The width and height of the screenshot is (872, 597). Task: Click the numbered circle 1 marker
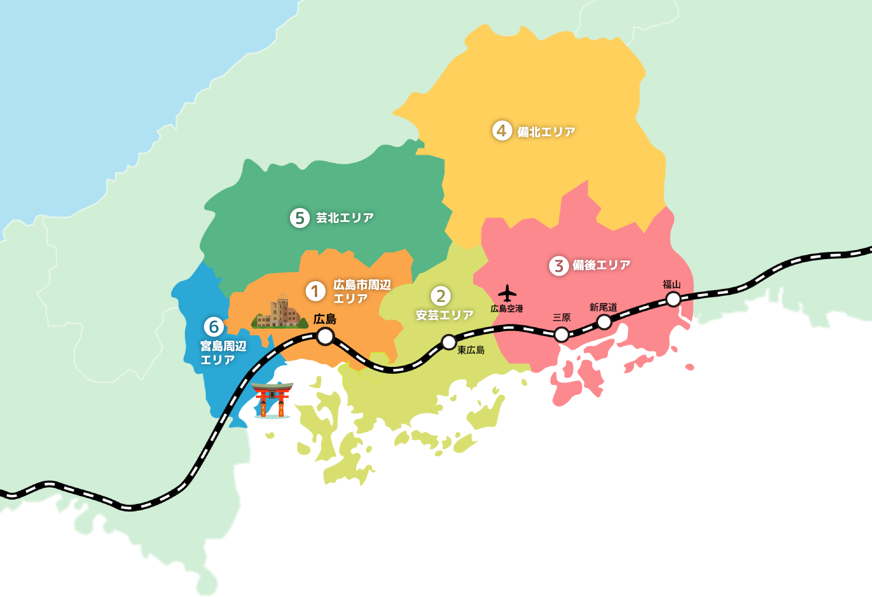pyautogui.click(x=315, y=291)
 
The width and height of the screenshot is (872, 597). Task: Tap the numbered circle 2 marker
pyautogui.click(x=441, y=296)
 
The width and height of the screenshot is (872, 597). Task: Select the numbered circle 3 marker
pyautogui.click(x=559, y=266)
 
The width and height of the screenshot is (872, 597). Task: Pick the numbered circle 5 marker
pyautogui.click(x=299, y=218)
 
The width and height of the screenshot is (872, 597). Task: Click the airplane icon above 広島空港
pyautogui.click(x=507, y=293)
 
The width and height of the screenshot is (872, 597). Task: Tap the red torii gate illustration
pyautogui.click(x=272, y=400)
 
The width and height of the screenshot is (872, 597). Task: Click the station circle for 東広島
pyautogui.click(x=449, y=342)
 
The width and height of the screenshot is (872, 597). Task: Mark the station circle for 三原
pyautogui.click(x=561, y=334)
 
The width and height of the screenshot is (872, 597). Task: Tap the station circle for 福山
pyautogui.click(x=673, y=299)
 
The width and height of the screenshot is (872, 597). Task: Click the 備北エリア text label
pyautogui.click(x=546, y=132)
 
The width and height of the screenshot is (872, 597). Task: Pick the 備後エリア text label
pyautogui.click(x=601, y=265)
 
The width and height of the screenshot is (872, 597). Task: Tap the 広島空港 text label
pyautogui.click(x=506, y=308)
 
